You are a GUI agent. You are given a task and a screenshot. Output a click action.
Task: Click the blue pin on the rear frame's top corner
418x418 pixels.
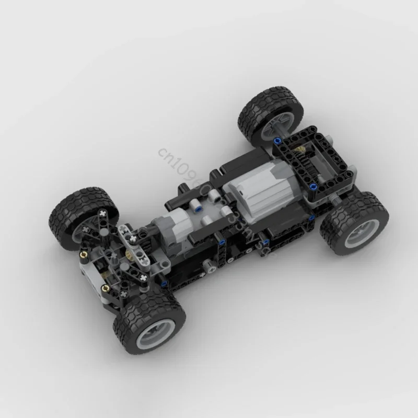[281, 141]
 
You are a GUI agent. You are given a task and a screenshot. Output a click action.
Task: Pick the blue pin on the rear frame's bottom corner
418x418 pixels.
[312, 187]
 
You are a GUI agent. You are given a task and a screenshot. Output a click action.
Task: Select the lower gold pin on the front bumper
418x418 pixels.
[104, 287]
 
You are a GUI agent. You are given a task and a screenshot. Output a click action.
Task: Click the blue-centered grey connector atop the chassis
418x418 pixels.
[199, 205]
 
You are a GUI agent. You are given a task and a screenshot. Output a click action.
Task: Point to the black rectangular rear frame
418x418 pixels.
[308, 162]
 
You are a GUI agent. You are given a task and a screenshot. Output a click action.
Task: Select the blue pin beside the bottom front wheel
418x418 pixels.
[164, 284]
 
